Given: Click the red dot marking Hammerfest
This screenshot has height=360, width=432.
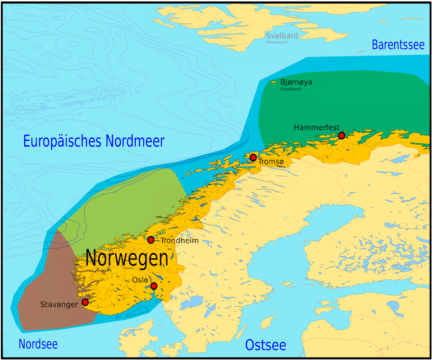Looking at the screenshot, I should pyautogui.click(x=342, y=136).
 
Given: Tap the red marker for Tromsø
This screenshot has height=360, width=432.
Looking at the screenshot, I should pyautogui.click(x=253, y=157).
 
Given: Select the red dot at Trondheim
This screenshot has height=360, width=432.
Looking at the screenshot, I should pyautogui.click(x=151, y=240).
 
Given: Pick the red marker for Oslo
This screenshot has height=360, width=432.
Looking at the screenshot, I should pyautogui.click(x=154, y=286).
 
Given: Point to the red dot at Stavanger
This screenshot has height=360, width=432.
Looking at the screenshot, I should pyautogui.click(x=85, y=302).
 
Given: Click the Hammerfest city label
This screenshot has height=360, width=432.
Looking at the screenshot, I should pyautogui.click(x=316, y=127).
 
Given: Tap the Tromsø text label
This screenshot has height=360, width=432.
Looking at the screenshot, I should pyautogui.click(x=271, y=162).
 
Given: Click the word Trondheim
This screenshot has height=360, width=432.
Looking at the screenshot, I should pyautogui.click(x=179, y=240).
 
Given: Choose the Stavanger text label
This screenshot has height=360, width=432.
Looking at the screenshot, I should pyautogui.click(x=59, y=304).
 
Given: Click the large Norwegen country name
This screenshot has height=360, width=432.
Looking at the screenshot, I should pyautogui.click(x=126, y=258).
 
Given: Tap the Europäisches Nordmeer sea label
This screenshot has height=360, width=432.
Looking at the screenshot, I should pyautogui.click(x=94, y=141).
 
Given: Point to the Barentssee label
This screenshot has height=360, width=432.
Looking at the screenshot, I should pyautogui.click(x=398, y=45).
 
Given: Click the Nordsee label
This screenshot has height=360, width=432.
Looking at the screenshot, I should pyautogui.click(x=38, y=344).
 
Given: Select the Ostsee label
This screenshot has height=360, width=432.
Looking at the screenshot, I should pyautogui.click(x=266, y=345).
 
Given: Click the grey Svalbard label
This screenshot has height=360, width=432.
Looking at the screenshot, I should pyautogui.click(x=282, y=36).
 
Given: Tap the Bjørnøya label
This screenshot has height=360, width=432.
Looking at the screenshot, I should pyautogui.click(x=296, y=82).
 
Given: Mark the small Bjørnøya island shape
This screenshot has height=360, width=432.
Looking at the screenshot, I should pyautogui.click(x=274, y=81).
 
